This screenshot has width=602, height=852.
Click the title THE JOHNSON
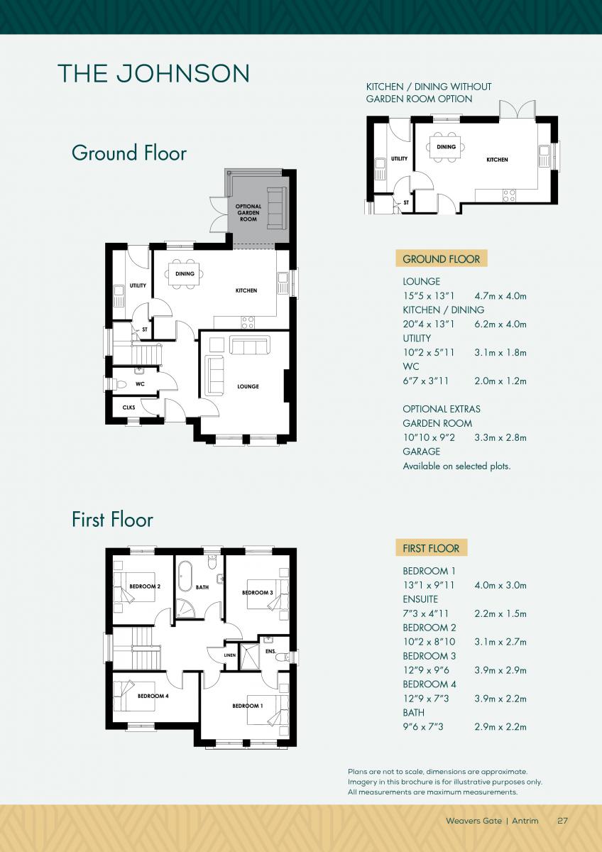[x=153, y=73]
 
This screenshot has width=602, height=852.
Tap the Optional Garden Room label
[x=248, y=213]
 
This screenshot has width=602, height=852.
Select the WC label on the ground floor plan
[x=140, y=384]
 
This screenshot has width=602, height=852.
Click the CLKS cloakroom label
[x=129, y=408]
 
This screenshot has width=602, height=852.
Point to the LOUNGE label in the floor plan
[x=248, y=386]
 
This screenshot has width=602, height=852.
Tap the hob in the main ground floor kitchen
[x=248, y=322]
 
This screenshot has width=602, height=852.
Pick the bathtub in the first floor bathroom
[x=185, y=576]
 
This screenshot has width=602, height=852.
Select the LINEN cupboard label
[x=230, y=655]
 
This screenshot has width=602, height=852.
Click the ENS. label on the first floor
[x=270, y=652]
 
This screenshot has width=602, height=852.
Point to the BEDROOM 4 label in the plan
[x=153, y=696]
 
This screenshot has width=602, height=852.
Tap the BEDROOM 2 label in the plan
[x=145, y=586]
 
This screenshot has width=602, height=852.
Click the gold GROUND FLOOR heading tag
[x=441, y=259]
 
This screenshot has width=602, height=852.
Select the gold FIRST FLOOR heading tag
[x=431, y=548]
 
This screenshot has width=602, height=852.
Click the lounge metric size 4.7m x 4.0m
[x=500, y=296]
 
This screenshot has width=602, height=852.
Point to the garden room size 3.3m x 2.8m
[x=500, y=437]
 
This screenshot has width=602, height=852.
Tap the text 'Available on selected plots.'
[x=456, y=466]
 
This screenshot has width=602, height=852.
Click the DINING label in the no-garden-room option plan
[x=446, y=147]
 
